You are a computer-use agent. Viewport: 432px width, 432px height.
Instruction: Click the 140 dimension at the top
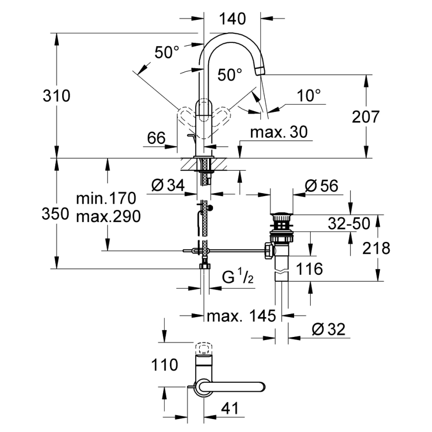pyautogui.click(x=232, y=19)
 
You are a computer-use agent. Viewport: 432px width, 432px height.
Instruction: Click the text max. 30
pyautogui.click(x=278, y=132)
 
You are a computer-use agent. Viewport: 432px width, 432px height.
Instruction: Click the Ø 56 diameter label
pyautogui.click(x=321, y=186)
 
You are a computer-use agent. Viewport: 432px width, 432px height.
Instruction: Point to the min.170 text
pyautogui.click(x=106, y=199)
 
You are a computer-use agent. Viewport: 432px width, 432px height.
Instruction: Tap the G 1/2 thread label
pyautogui.click(x=237, y=277)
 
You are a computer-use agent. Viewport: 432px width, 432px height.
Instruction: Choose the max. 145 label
pyautogui.click(x=241, y=316)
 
